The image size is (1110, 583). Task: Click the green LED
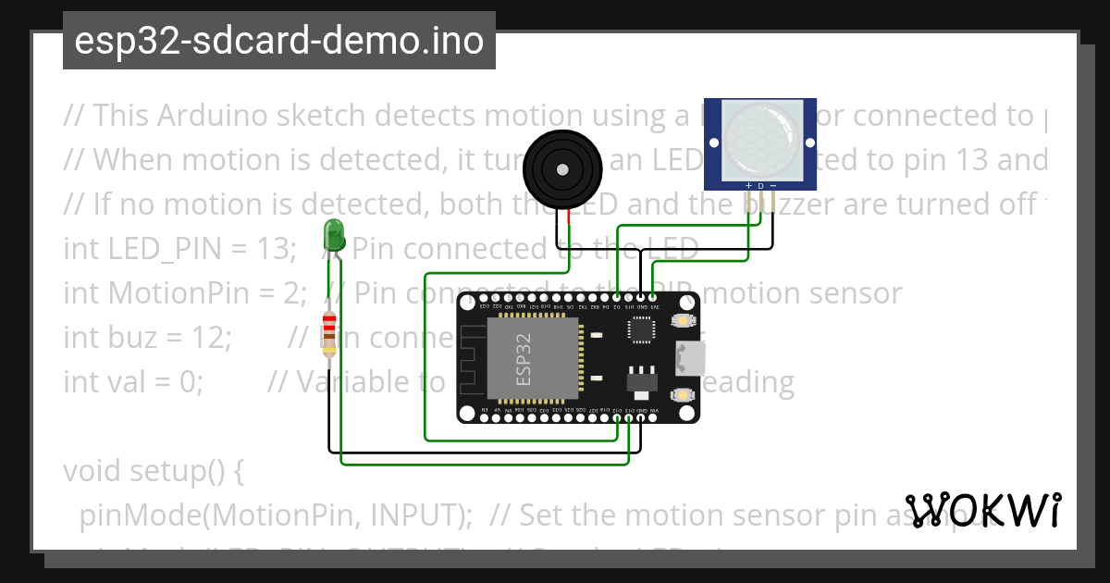pyautogui.click(x=334, y=236)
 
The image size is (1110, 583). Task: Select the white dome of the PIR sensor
pyautogui.click(x=759, y=139)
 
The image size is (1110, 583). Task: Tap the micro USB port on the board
pyautogui.click(x=690, y=357)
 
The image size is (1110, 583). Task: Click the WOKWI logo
pyautogui.click(x=982, y=509)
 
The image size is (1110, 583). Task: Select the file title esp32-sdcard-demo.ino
pyautogui.click(x=278, y=41)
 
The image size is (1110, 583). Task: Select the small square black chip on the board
pyautogui.click(x=642, y=329)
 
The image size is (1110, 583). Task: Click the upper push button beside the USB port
pyautogui.click(x=683, y=320)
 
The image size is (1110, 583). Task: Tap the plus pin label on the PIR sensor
pyautogui.click(x=748, y=186)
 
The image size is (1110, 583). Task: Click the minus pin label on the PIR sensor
pyautogui.click(x=772, y=186)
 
